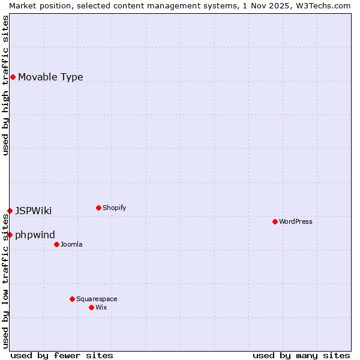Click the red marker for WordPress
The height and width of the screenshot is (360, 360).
275,221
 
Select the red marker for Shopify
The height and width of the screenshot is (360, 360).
98,208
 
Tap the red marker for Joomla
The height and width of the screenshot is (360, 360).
56,244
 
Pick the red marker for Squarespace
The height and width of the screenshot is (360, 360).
72,299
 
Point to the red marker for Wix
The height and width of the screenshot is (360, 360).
91,307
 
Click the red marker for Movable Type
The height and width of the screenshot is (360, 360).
13,77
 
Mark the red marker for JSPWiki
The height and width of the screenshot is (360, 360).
10,211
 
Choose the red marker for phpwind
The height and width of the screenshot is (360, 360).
10,235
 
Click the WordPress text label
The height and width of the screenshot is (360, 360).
296,221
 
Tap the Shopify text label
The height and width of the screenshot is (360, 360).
115,208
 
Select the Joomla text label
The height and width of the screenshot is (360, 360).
71,244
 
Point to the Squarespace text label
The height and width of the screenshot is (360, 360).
97,299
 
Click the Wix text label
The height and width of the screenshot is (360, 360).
101,307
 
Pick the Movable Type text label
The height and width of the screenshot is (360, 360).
50,77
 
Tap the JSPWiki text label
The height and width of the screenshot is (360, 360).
33,211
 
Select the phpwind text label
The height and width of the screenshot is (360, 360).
35,235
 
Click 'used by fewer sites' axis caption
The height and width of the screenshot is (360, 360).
62,355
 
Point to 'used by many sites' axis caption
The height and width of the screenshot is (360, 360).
301,355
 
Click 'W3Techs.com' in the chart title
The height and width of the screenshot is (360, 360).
326,5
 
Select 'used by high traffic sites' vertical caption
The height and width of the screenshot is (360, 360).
5,85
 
